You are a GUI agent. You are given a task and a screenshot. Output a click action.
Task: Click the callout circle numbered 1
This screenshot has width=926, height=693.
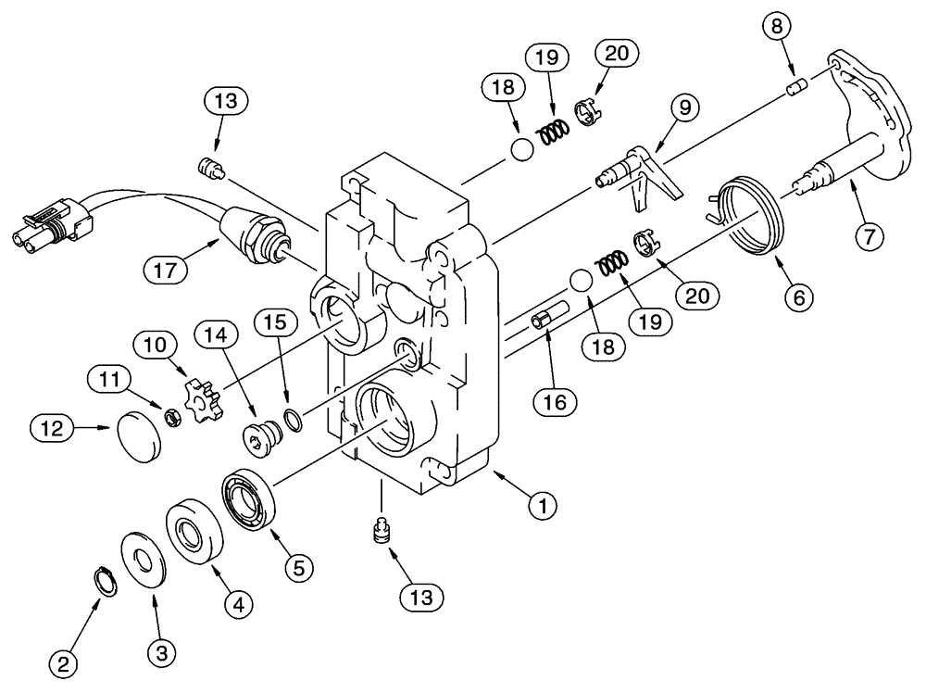pos(543,506)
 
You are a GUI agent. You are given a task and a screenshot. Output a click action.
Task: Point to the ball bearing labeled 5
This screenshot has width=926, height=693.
pos(248,501)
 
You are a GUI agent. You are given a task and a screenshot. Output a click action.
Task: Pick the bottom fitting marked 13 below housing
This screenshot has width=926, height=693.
pos(381,533)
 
